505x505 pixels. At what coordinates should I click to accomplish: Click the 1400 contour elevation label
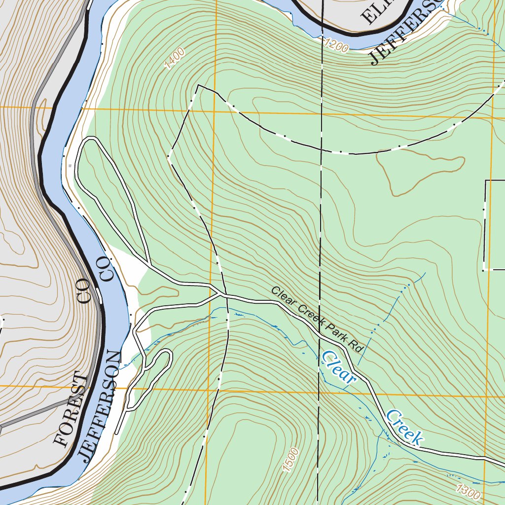coord(175,58)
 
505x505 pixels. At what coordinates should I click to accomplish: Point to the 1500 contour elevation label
coord(291,460)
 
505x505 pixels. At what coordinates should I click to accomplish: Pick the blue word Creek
coord(404,427)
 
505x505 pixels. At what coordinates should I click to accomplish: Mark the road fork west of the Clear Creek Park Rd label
coord(220,295)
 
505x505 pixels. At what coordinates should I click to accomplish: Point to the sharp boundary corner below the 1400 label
coord(198,85)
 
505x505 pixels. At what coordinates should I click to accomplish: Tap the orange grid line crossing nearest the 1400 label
coord(216,110)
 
